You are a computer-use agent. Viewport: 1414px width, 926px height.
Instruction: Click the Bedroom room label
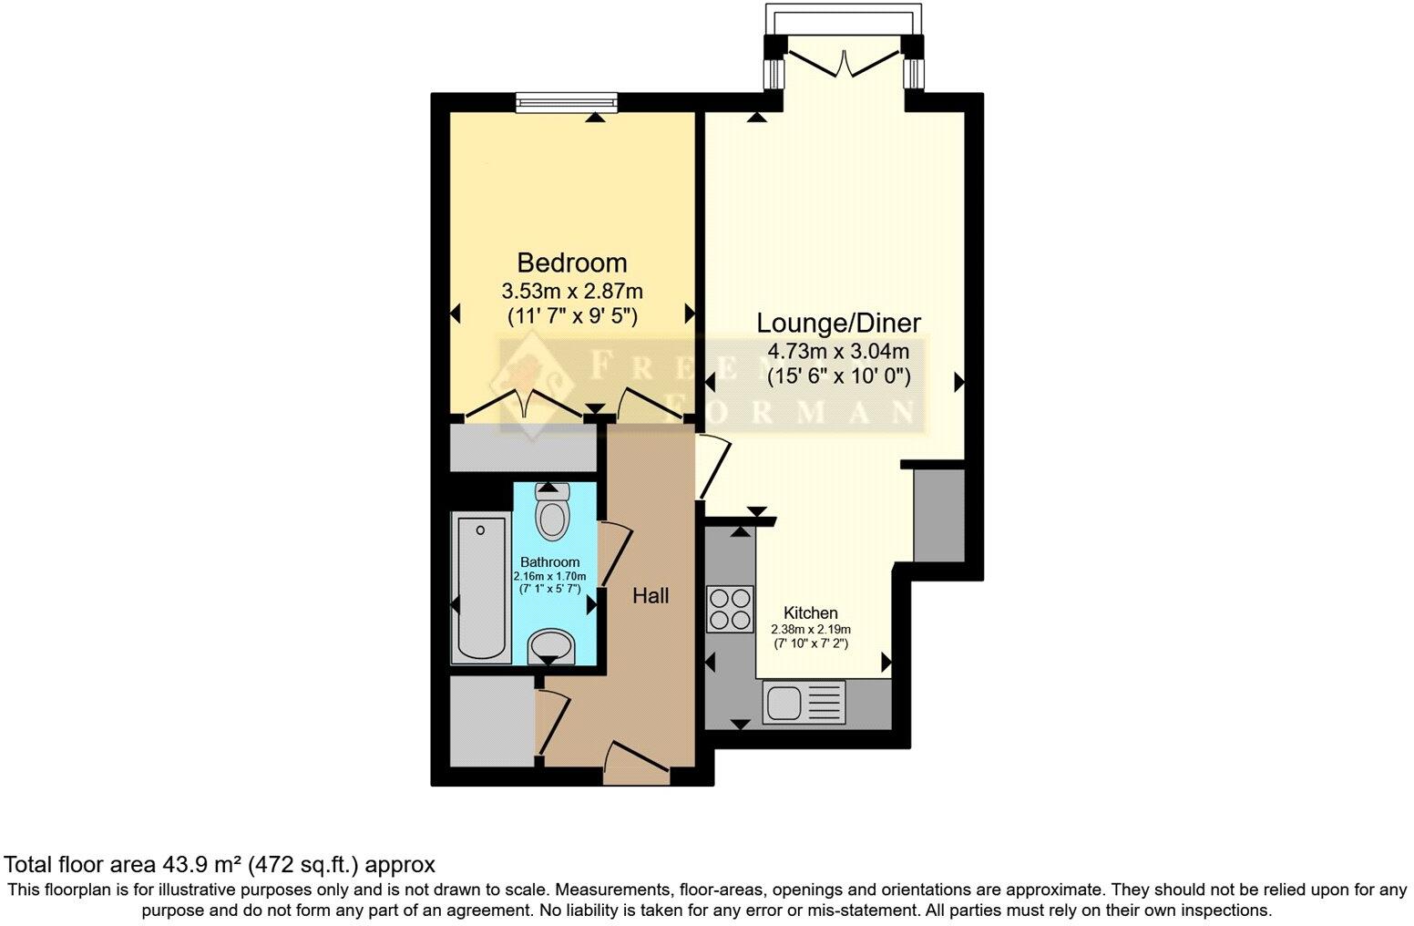click(x=571, y=262)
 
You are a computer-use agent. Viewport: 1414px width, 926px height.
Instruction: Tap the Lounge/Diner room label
click(x=839, y=323)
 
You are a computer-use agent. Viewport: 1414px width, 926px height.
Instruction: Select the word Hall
click(x=651, y=596)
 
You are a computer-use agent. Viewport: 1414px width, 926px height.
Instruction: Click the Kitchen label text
click(x=811, y=612)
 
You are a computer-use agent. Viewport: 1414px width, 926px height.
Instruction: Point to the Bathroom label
click(x=549, y=562)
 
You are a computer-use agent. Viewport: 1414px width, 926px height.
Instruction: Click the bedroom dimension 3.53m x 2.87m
click(x=571, y=292)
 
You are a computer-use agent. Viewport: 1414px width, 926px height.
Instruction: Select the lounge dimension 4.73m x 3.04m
click(x=838, y=351)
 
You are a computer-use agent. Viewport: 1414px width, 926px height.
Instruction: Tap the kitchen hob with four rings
click(x=730, y=609)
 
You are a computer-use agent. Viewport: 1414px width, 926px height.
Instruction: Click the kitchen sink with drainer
click(x=805, y=703)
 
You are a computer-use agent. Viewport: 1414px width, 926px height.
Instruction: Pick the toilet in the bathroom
click(x=551, y=512)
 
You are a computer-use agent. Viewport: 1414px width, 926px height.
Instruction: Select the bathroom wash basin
click(x=551, y=647)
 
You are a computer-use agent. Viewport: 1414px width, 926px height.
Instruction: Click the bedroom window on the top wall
click(x=567, y=103)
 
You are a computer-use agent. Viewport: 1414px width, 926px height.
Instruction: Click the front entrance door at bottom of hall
click(x=636, y=759)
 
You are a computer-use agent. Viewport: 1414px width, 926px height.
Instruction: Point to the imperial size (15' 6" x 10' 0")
click(x=838, y=376)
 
